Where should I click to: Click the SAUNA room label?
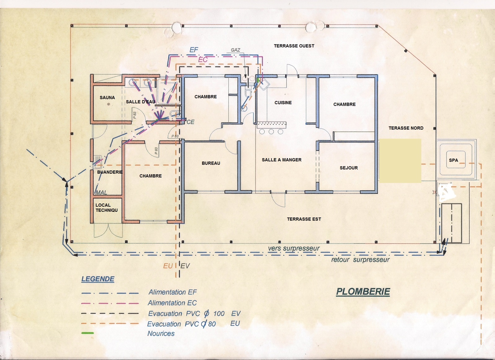pyautogui.click(x=107, y=97)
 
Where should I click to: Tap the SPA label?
pyautogui.click(x=453, y=160)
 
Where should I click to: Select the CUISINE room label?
pyautogui.click(x=283, y=103)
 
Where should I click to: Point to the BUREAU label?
pyautogui.click(x=211, y=163)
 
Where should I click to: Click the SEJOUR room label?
pyautogui.click(x=349, y=168)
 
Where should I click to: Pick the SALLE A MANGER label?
pyautogui.click(x=281, y=160)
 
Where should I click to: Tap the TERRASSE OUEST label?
pyautogui.click(x=294, y=46)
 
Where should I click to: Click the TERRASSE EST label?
pyautogui.click(x=304, y=219)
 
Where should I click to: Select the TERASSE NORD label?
pyautogui.click(x=406, y=128)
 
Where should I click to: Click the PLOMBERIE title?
pyautogui.click(x=363, y=292)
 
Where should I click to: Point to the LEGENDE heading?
pyautogui.click(x=98, y=279)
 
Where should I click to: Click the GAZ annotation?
pyautogui.click(x=235, y=50)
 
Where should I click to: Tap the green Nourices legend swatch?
pyautogui.click(x=87, y=333)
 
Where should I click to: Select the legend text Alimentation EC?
pyautogui.click(x=172, y=303)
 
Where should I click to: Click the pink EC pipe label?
pyautogui.click(x=203, y=60)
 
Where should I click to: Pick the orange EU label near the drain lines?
pyautogui.click(x=168, y=266)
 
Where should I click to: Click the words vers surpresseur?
pyautogui.click(x=294, y=248)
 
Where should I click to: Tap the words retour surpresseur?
pyautogui.click(x=360, y=260)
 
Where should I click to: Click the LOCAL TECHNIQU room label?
pyautogui.click(x=107, y=208)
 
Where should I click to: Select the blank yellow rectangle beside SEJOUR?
pyautogui.click(x=400, y=161)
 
